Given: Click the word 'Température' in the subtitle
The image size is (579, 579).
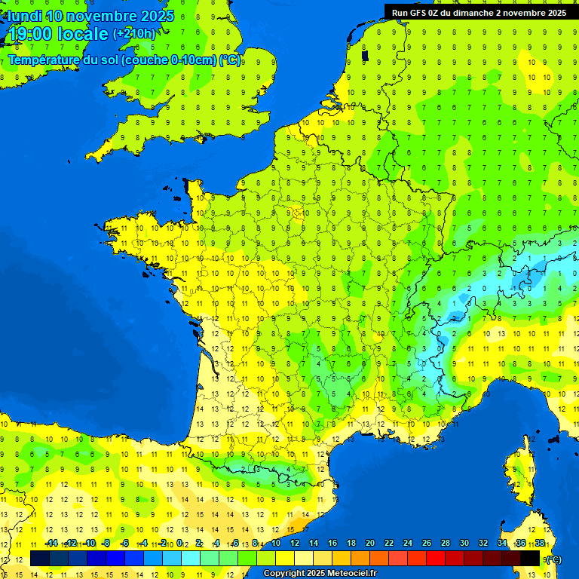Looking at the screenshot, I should tap(44, 60).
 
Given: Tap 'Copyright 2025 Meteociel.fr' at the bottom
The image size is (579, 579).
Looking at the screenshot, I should tap(320, 573).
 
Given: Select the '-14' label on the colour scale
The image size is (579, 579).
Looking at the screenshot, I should tap(51, 543).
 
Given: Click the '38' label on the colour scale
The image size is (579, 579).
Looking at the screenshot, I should tap(540, 543).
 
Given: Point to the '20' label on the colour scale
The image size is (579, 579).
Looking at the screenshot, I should tap(369, 543).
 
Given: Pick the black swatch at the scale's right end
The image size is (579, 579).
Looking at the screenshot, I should tap(530, 559).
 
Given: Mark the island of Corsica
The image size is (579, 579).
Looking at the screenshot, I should tap(519, 471).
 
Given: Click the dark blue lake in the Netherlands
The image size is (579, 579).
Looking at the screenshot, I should tap(365, 55).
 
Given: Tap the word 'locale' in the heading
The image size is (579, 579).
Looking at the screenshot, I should tap(82, 35).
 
